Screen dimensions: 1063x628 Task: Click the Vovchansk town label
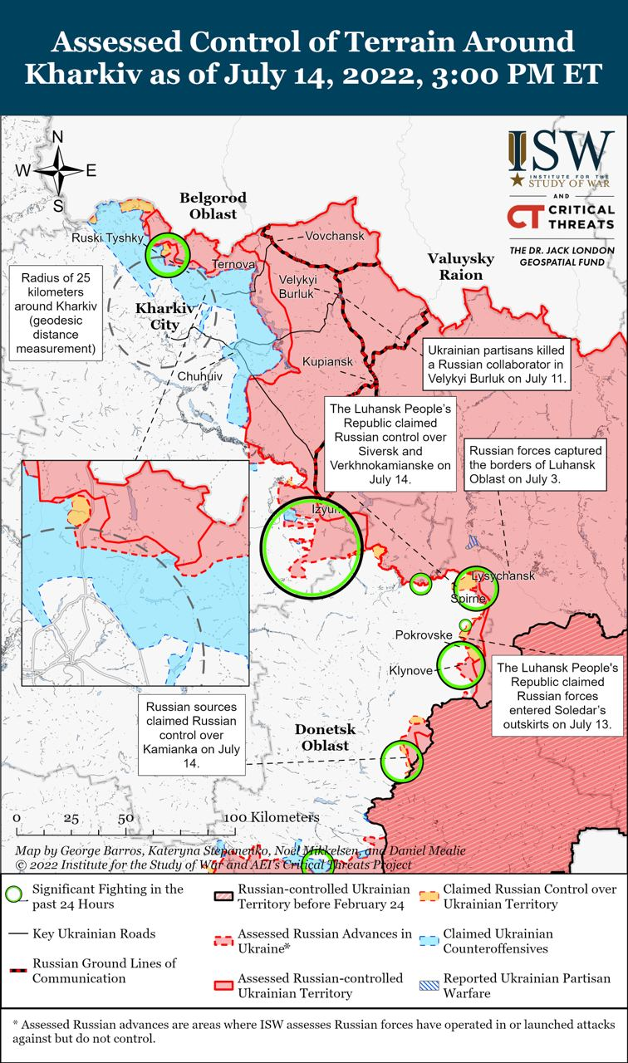(x=335, y=236)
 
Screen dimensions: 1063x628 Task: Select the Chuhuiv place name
(x=199, y=375)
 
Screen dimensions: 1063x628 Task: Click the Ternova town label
(x=233, y=264)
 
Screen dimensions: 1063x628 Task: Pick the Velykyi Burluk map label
(x=297, y=287)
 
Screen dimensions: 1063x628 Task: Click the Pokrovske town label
(x=424, y=635)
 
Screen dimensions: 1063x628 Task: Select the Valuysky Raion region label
(x=460, y=266)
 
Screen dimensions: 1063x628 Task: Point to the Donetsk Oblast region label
(x=325, y=737)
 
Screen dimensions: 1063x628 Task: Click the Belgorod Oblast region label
(x=213, y=205)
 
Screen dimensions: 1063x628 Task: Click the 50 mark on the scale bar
(x=126, y=818)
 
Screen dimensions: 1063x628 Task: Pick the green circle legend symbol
(x=13, y=895)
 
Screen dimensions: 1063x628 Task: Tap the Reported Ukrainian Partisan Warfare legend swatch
(x=429, y=985)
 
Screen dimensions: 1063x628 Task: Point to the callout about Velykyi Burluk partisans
(x=497, y=363)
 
